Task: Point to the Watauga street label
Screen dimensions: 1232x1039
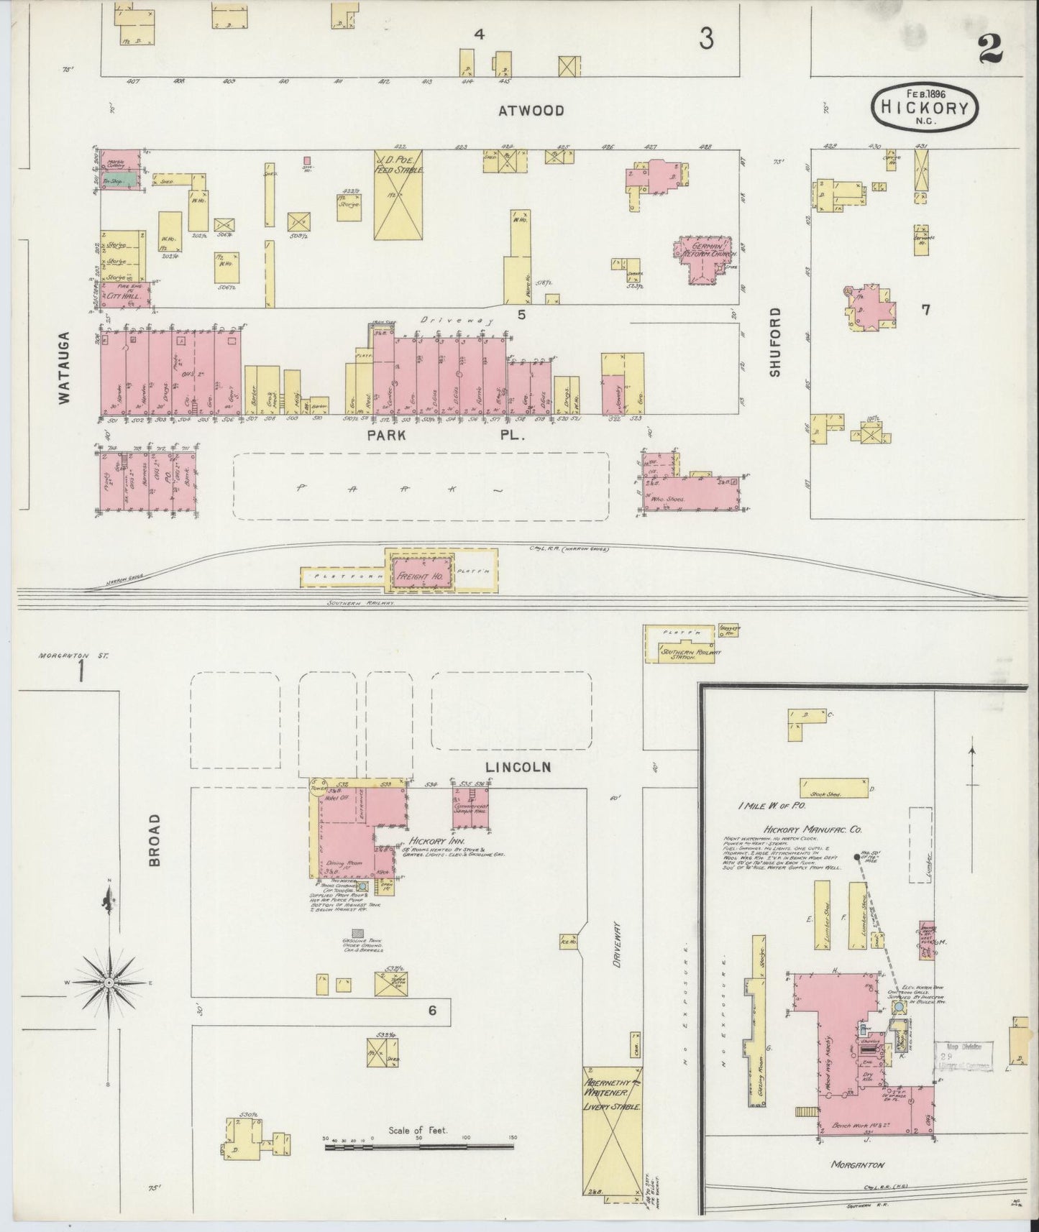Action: pyautogui.click(x=64, y=367)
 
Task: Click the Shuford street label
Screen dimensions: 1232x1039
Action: pyautogui.click(x=774, y=342)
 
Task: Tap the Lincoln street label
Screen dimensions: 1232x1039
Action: pyautogui.click(x=518, y=767)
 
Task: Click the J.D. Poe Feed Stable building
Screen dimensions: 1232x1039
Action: pyautogui.click(x=398, y=194)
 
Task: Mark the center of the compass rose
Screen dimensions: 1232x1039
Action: pyautogui.click(x=108, y=982)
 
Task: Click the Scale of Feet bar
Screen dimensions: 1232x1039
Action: pyautogui.click(x=418, y=1146)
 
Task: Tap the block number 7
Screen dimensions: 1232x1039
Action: pyautogui.click(x=926, y=310)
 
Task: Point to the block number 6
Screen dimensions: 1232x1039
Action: pyautogui.click(x=432, y=1011)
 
